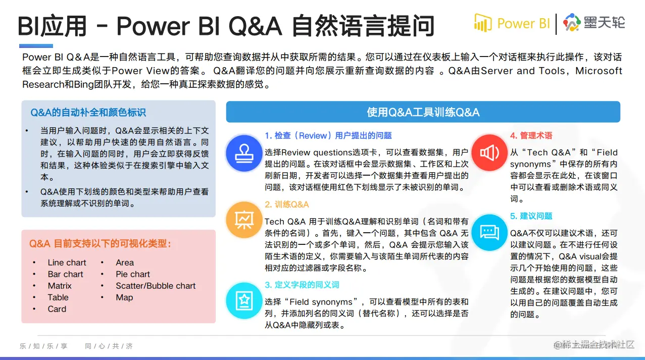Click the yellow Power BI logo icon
[483, 23]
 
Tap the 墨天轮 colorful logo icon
[572, 22]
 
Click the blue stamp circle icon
[244, 153]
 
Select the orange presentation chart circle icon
[244, 220]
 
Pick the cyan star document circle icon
[244, 300]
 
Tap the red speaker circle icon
[489, 152]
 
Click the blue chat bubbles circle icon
[489, 233]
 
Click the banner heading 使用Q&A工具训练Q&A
[423, 112]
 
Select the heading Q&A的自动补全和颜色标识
[88, 112]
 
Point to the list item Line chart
[67, 263]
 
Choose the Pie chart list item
[133, 274]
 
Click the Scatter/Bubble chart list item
[156, 286]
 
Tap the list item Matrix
[60, 286]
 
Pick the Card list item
[57, 309]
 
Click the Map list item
[124, 297]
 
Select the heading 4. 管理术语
[531, 135]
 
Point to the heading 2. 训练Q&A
[287, 204]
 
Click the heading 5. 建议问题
[531, 216]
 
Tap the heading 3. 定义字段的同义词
[302, 285]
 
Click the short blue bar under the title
[36, 46]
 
